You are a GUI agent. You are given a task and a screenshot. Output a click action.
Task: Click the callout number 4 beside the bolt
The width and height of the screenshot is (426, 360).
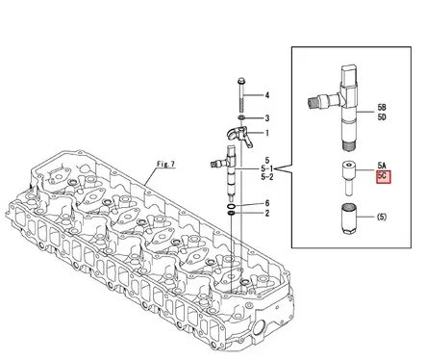268,95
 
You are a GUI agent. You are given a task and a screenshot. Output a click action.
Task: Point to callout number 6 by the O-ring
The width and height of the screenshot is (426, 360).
268,203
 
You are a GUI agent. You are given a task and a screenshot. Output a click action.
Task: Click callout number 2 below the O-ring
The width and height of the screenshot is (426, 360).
268,214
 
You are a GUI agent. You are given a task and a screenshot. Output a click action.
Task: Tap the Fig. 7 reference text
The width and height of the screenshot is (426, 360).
165,166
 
